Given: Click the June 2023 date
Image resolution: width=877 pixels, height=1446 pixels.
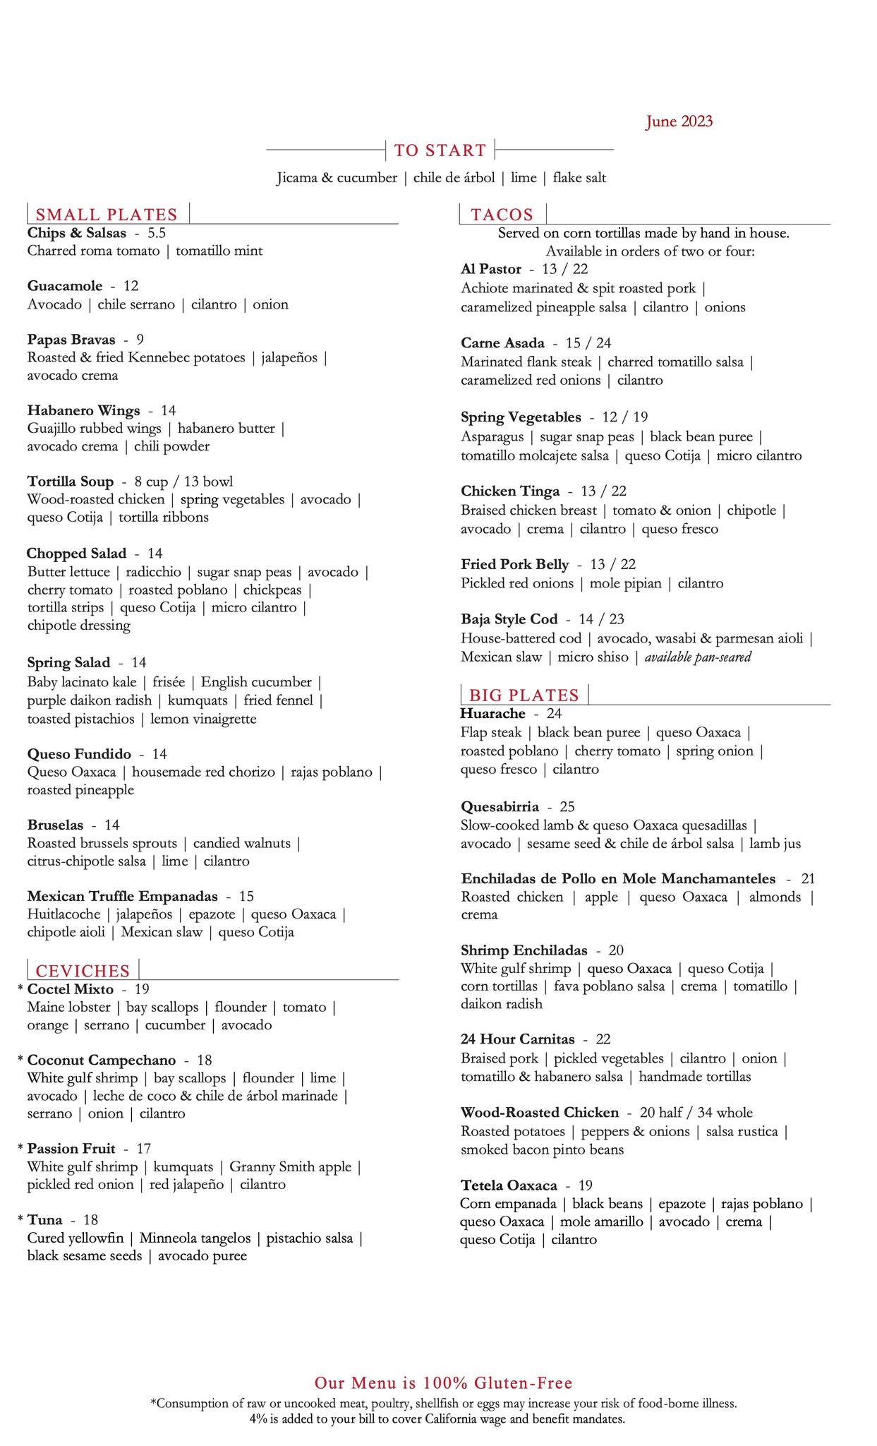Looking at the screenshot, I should click(x=679, y=121).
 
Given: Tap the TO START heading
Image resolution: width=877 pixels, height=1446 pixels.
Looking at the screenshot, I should click(x=440, y=150).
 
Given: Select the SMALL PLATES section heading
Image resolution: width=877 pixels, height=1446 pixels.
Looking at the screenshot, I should click(x=107, y=215).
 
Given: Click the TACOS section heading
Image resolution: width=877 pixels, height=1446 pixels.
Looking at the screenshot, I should click(x=502, y=215).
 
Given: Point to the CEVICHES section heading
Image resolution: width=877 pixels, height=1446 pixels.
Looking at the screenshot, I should click(x=83, y=971).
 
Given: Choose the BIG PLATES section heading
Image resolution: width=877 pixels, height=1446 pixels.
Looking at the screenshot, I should click(x=524, y=695).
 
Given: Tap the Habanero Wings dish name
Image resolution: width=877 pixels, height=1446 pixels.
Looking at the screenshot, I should click(x=83, y=410).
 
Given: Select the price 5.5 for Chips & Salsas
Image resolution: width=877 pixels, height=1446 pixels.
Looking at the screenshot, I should click(x=157, y=233).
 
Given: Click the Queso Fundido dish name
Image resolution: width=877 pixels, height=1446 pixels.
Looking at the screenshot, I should click(x=79, y=754).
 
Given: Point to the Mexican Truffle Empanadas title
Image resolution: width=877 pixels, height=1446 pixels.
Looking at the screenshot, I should click(x=122, y=897).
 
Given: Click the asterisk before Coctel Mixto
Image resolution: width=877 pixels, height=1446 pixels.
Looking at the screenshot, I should click(x=20, y=989).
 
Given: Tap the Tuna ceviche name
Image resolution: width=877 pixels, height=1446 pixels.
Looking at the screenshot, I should click(x=44, y=1219).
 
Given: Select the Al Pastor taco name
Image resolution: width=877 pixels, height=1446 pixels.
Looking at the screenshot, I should click(x=491, y=269).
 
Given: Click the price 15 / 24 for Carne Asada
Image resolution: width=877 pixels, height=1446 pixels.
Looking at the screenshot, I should click(x=588, y=343).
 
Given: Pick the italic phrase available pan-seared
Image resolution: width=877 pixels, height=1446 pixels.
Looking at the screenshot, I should click(x=698, y=657).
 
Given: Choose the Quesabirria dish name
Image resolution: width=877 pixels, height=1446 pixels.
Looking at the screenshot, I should click(x=500, y=806).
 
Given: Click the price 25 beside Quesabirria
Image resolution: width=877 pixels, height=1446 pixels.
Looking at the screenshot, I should click(x=567, y=806).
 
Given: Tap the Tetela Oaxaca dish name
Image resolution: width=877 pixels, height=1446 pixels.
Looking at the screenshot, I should click(x=509, y=1185).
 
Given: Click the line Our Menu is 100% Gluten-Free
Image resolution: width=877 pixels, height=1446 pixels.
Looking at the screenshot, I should click(x=443, y=1382).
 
